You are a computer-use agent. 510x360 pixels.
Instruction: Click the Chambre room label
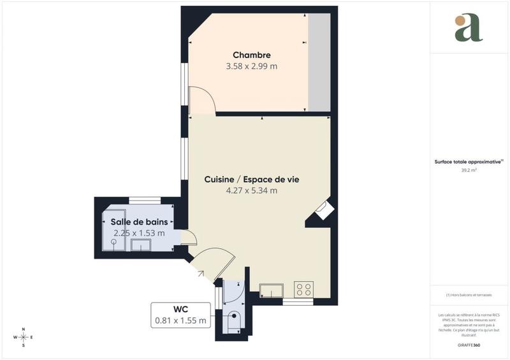point(251,55)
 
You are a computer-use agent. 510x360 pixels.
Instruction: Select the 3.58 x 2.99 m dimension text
point(251,66)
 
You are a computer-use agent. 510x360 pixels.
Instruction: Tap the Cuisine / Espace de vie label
point(252,180)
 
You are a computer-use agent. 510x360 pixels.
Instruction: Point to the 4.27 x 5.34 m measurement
point(252,191)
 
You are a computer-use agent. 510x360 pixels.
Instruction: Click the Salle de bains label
point(139,222)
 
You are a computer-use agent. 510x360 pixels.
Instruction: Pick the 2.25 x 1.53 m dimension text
point(139,233)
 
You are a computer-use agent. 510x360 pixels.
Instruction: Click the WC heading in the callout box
point(181,310)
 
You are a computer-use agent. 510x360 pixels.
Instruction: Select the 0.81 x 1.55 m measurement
point(181,320)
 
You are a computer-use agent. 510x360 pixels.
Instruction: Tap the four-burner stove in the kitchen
point(303,290)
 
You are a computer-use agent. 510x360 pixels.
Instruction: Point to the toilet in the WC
point(234,319)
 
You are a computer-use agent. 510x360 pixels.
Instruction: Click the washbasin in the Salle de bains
point(140,246)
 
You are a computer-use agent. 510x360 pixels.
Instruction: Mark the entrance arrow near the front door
point(201,273)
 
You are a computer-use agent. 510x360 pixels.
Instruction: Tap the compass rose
point(24,337)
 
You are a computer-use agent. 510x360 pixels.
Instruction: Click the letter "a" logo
point(469,28)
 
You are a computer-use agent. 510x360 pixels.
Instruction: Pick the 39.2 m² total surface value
point(469,171)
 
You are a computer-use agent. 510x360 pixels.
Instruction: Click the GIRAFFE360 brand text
point(469,345)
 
